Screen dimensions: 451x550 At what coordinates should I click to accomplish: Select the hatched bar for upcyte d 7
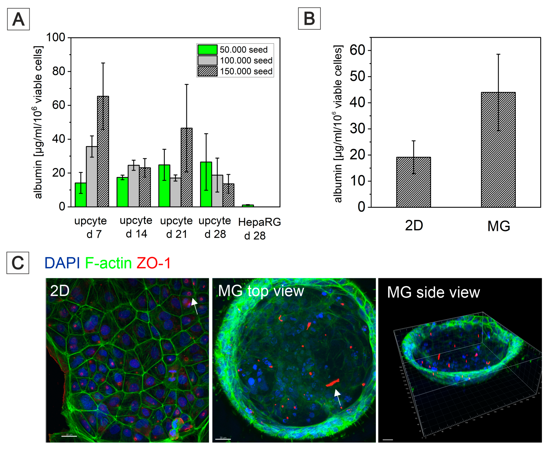(103, 152)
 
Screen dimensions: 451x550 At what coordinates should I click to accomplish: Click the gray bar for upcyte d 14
(134, 186)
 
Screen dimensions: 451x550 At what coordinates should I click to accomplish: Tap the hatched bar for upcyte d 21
(187, 168)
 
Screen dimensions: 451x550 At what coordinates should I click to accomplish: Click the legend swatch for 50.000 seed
(207, 49)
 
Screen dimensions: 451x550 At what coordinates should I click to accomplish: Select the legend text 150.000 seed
(246, 71)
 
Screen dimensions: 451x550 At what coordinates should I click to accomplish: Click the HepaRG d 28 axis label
(259, 229)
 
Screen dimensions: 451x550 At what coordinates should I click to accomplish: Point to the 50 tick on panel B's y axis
(357, 76)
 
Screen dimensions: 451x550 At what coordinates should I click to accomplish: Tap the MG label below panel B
(499, 226)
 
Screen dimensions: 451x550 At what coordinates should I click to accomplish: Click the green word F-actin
(108, 263)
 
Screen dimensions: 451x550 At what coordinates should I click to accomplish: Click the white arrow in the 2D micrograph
(195, 305)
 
